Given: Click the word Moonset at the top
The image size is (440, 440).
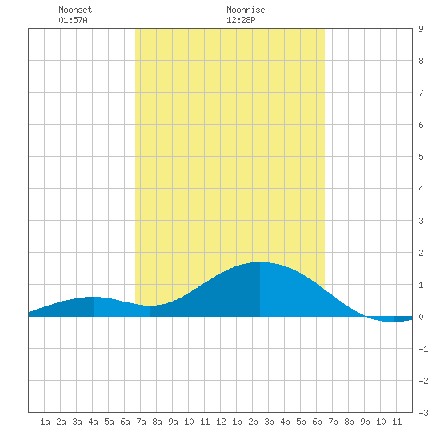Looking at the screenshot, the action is (x=75, y=10).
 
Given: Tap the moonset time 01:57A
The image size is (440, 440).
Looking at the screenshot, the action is (x=73, y=20).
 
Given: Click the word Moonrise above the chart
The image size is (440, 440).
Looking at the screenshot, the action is (x=246, y=10).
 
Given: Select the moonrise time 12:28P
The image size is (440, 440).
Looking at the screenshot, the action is (x=241, y=20).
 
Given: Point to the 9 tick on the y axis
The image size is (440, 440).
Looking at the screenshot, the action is (x=421, y=29).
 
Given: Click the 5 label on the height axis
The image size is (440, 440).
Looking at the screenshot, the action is (x=421, y=157).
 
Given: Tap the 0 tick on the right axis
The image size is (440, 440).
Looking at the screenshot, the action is (x=421, y=317).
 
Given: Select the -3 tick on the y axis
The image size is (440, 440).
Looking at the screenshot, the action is (x=423, y=413).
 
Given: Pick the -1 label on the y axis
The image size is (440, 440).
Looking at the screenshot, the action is (x=423, y=349).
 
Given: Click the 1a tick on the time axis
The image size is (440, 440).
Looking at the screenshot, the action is (x=45, y=422).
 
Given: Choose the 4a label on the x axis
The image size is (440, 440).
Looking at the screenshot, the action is (x=93, y=422).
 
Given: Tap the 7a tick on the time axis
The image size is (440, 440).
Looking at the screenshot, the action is (x=141, y=422).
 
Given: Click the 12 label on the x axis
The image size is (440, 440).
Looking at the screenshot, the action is (x=221, y=422).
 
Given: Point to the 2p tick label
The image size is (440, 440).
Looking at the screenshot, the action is (x=253, y=422).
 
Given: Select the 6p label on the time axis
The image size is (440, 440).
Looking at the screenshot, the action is (x=317, y=422).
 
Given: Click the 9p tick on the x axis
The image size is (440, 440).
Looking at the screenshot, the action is (x=365, y=422).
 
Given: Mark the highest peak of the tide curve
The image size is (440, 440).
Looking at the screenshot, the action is (x=260, y=262).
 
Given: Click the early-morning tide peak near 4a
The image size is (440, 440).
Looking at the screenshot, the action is (x=93, y=297).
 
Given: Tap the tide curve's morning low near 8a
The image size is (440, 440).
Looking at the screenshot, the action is (x=150, y=306).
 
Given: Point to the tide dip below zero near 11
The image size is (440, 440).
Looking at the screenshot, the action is (x=393, y=322).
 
